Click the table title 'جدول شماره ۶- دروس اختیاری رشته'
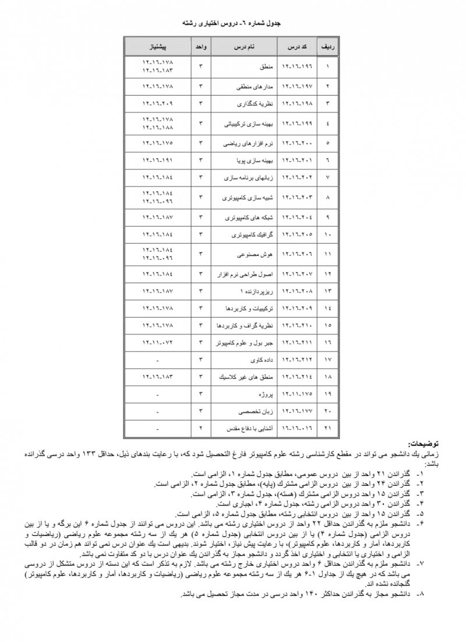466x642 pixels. pyautogui.click(x=232, y=26)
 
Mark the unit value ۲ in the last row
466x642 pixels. pyautogui.click(x=200, y=429)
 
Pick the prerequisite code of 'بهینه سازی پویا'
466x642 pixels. pyautogui.click(x=158, y=159)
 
